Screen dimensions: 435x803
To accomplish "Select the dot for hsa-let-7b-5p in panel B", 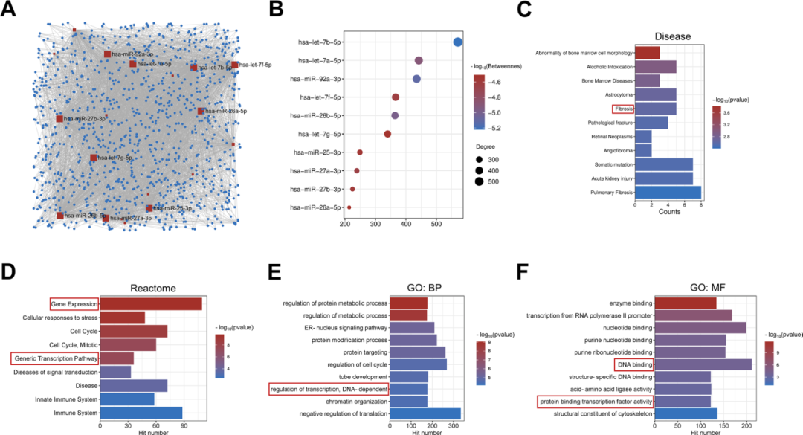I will click(457, 42).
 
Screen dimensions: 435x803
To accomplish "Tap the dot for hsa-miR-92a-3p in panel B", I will click(416, 79).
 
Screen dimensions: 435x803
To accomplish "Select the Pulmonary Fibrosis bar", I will click(668, 192).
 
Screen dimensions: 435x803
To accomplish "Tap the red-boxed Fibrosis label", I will click(622, 109).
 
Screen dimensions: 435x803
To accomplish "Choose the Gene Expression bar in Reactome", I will click(151, 303).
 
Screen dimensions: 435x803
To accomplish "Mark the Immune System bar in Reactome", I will click(141, 413).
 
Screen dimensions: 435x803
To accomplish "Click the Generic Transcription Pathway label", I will click(54, 358).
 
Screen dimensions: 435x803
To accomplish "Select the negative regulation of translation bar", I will click(425, 413).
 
